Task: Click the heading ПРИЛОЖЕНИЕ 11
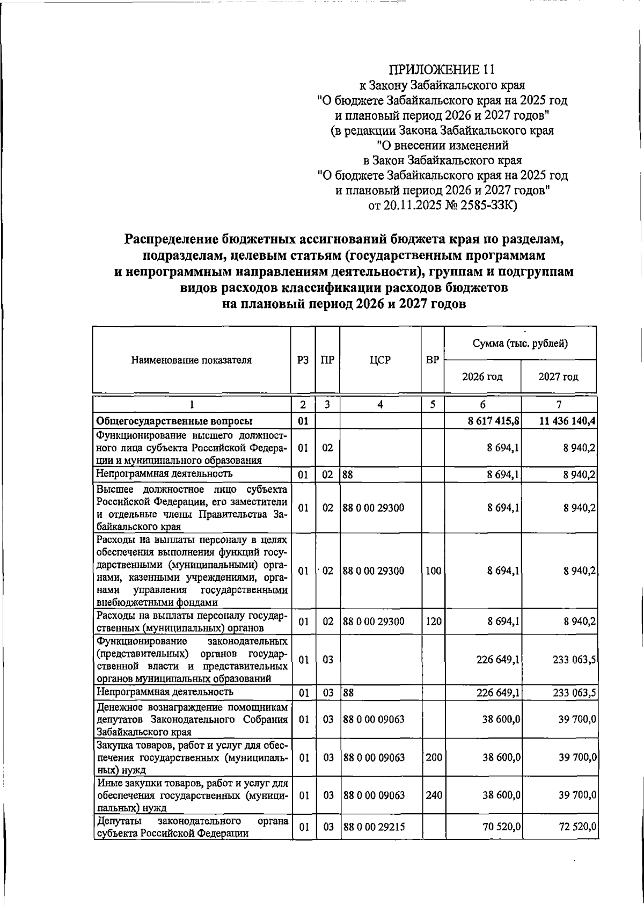[x=442, y=70]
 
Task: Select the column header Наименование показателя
[x=191, y=360]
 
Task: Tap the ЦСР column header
[x=380, y=360]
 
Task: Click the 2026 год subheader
[x=482, y=377]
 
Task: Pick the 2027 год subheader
[x=558, y=377]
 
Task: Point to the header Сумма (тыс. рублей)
[x=520, y=344]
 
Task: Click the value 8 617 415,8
[x=493, y=421]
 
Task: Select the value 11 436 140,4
[x=568, y=421]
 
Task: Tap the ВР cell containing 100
[x=433, y=571]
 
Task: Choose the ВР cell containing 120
[x=433, y=622]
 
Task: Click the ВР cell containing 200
[x=433, y=758]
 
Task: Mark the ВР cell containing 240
[x=433, y=795]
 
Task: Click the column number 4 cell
[x=380, y=405]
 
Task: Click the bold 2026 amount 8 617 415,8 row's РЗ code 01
[x=303, y=421]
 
